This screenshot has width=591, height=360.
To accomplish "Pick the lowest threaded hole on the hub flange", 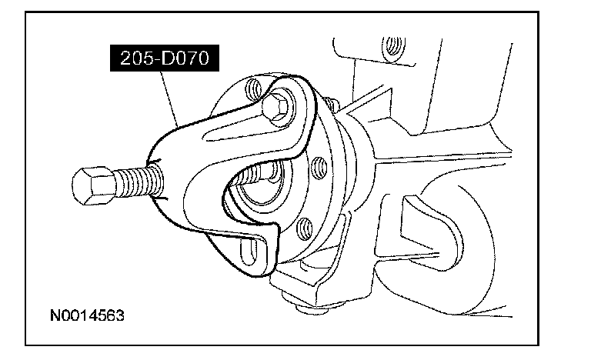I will [x=305, y=226].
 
